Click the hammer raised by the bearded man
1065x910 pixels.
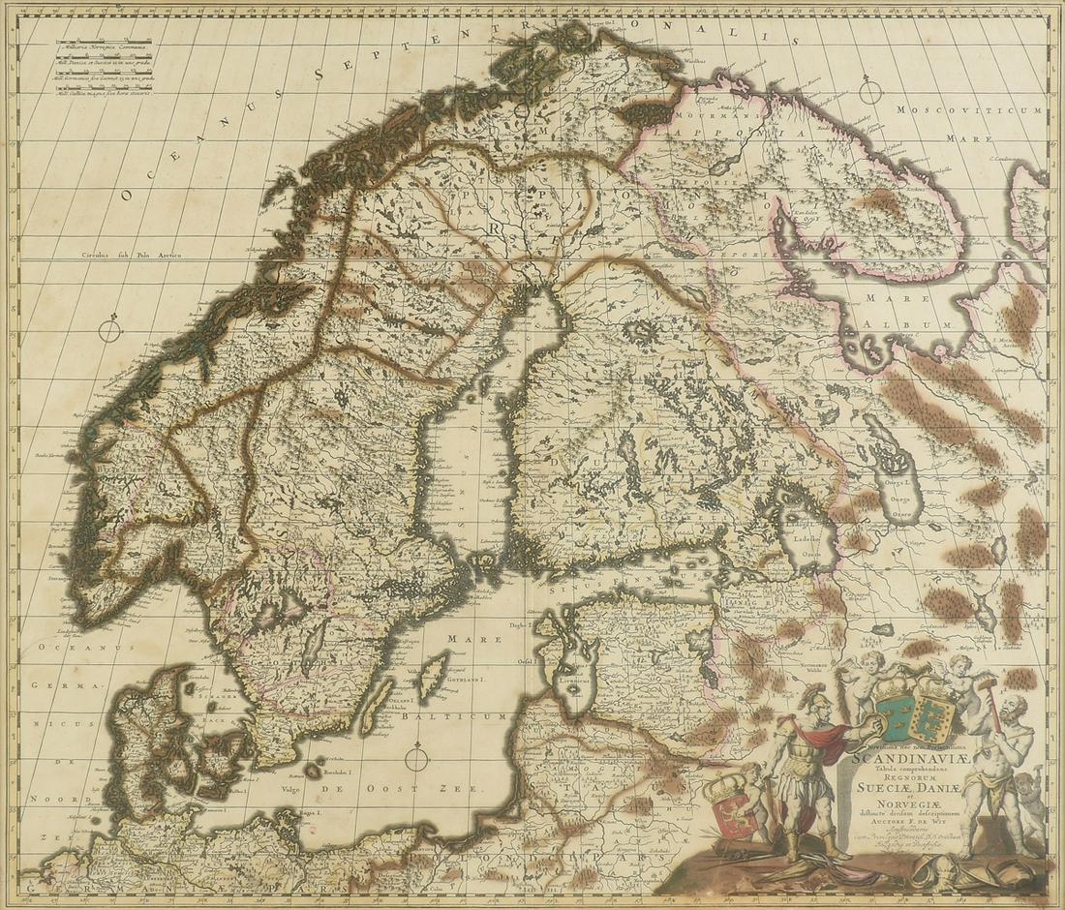(x=990, y=689)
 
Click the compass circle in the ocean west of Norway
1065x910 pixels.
(x=110, y=330)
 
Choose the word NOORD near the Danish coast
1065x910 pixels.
(x=46, y=800)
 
